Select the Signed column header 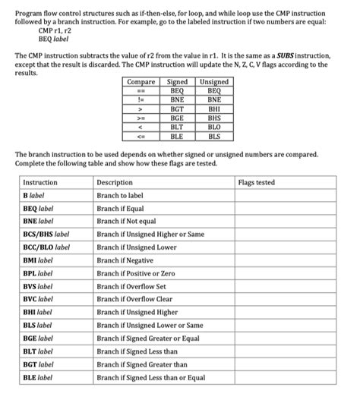pos(176,82)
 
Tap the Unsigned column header pos(213,82)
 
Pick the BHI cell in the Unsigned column pos(213,109)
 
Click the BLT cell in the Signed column pos(176,127)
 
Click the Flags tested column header pos(257,183)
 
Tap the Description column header pos(115,183)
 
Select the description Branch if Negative pos(125,260)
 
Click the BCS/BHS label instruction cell pos(46,235)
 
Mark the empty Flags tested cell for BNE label pos(285,222)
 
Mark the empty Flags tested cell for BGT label pos(285,364)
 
